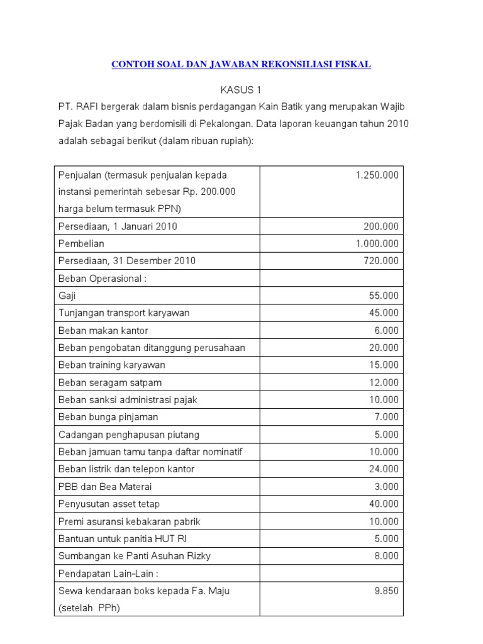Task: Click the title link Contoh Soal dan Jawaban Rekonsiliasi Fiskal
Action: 241,64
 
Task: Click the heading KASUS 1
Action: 241,90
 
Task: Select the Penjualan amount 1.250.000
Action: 377,175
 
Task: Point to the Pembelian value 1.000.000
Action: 377,243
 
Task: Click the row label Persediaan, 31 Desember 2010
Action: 126,261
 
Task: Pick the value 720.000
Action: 381,261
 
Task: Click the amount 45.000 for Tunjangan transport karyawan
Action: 384,313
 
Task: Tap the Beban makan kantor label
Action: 103,330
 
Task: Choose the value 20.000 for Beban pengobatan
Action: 384,348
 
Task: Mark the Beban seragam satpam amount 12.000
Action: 384,382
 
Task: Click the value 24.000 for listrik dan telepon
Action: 384,469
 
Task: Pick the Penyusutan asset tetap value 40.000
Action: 384,504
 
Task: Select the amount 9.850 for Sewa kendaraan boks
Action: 386,591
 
